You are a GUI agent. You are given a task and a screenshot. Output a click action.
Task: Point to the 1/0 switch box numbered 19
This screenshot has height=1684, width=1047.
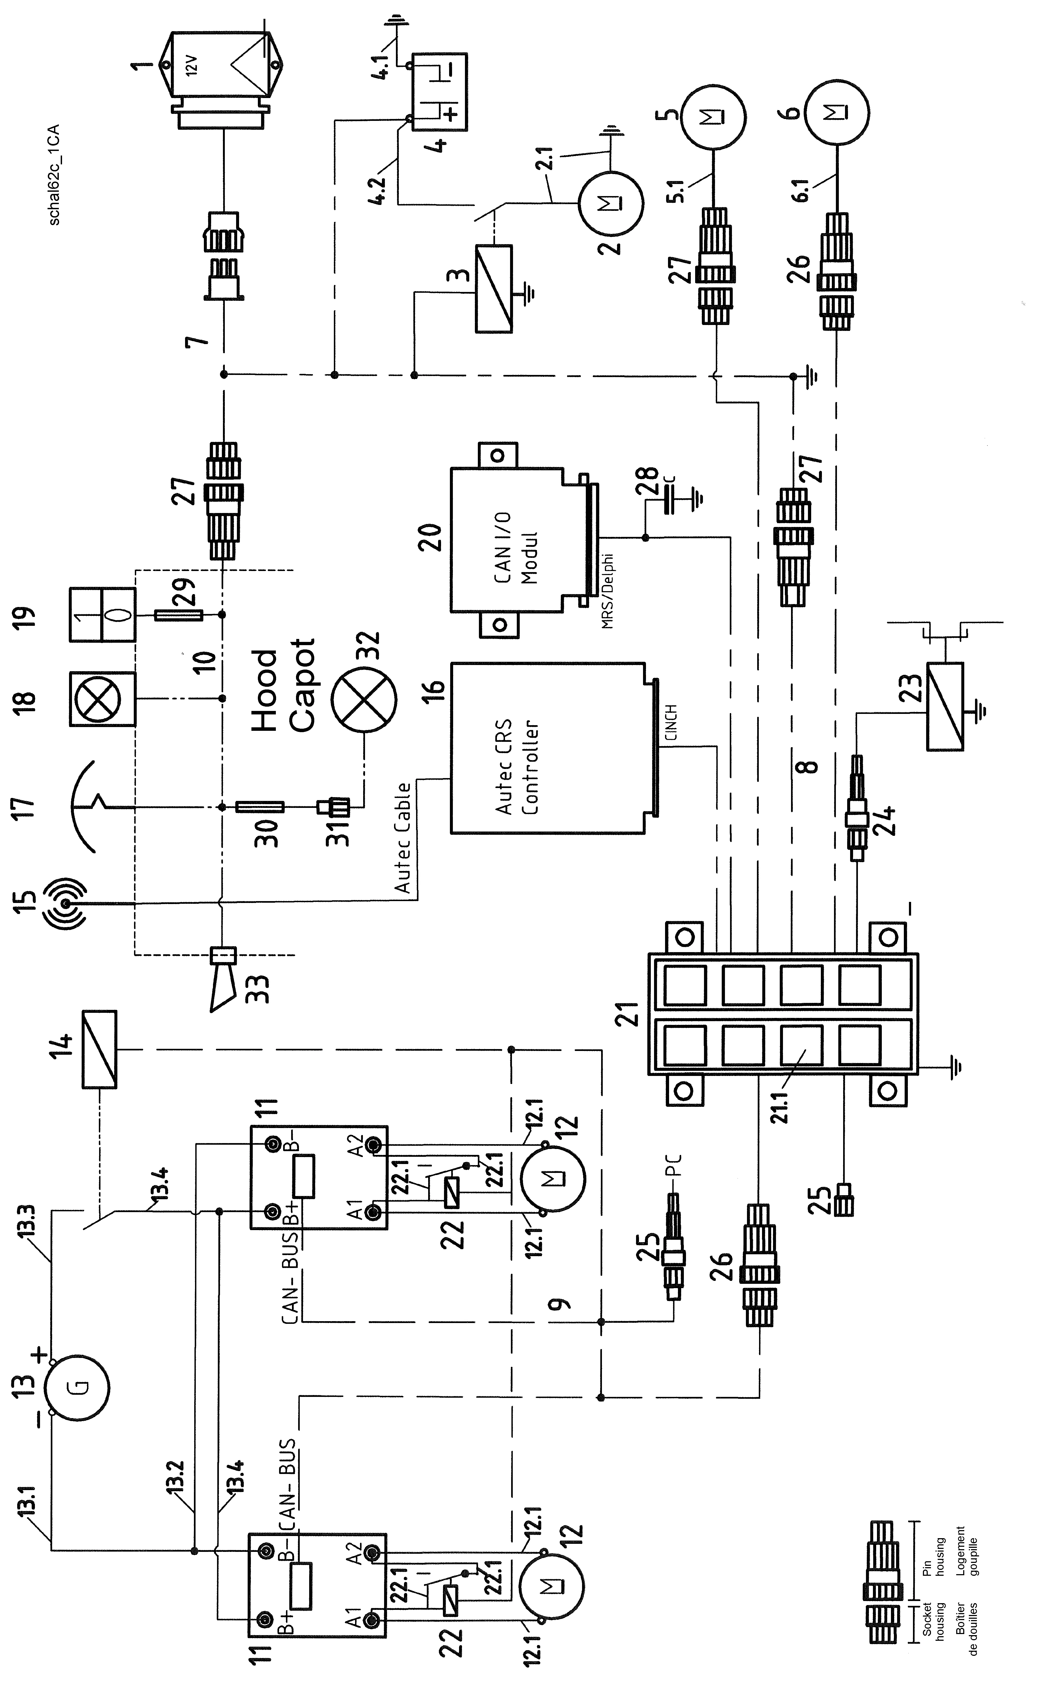pos(103,615)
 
